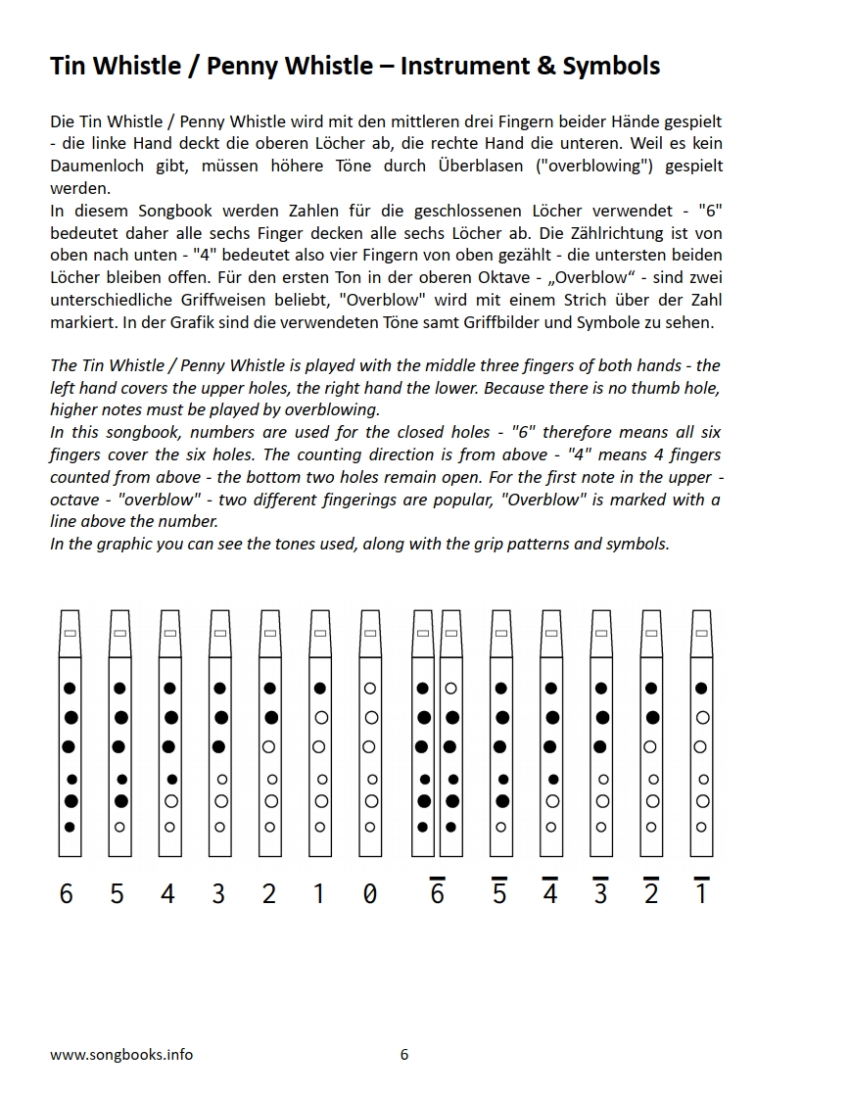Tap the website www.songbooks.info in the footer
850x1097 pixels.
(121, 1054)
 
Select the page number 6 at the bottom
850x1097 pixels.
(404, 1054)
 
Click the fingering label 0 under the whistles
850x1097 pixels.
(369, 893)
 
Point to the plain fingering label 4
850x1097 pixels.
(167, 893)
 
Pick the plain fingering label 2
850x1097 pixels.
(268, 893)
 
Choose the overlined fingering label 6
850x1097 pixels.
(437, 893)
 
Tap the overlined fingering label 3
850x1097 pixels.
(600, 893)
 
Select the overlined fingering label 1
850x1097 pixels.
(701, 893)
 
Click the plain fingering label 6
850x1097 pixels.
(67, 893)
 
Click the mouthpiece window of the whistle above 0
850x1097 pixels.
(370, 635)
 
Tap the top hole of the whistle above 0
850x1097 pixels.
(370, 689)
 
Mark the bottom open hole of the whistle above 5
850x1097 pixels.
(119, 827)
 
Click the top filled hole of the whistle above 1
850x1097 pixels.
(320, 689)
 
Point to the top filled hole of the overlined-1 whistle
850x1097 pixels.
(701, 689)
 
